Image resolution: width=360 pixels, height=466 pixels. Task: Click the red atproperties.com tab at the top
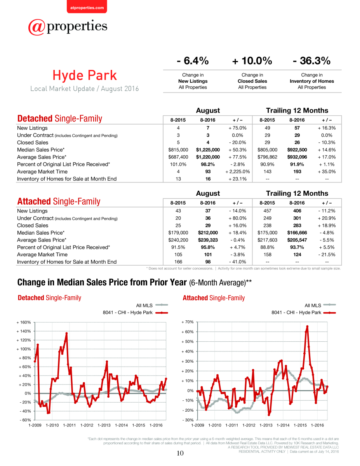[87, 7]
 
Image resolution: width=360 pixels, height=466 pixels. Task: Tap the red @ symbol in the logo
[37, 27]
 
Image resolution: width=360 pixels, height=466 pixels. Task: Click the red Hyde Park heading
[85, 75]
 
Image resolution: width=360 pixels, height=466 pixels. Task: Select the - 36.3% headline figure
[311, 61]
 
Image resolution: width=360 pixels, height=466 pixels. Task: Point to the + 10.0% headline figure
[252, 61]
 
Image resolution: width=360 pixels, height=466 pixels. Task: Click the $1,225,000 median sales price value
[208, 150]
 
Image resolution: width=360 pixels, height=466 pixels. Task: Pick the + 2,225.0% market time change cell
[238, 172]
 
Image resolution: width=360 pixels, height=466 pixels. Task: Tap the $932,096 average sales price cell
[297, 157]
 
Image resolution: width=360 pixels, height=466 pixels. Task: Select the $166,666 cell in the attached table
[297, 233]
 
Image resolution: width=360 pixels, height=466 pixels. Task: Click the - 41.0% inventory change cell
[238, 262]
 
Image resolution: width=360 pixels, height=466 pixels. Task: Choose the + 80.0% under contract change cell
[238, 218]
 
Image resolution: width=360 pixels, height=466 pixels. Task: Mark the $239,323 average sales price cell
[208, 240]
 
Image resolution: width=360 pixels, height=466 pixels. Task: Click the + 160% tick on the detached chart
[24, 322]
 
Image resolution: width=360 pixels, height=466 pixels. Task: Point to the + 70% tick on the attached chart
[188, 322]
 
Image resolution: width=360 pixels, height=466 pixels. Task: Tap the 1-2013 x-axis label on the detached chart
[104, 425]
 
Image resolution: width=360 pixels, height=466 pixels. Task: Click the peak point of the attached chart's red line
[307, 326]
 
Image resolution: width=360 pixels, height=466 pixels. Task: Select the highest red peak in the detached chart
[66, 333]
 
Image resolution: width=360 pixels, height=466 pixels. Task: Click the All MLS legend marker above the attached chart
[329, 305]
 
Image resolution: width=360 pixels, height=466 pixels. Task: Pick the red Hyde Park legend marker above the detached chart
[162, 313]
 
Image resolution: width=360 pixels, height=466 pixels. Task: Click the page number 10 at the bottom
[180, 453]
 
